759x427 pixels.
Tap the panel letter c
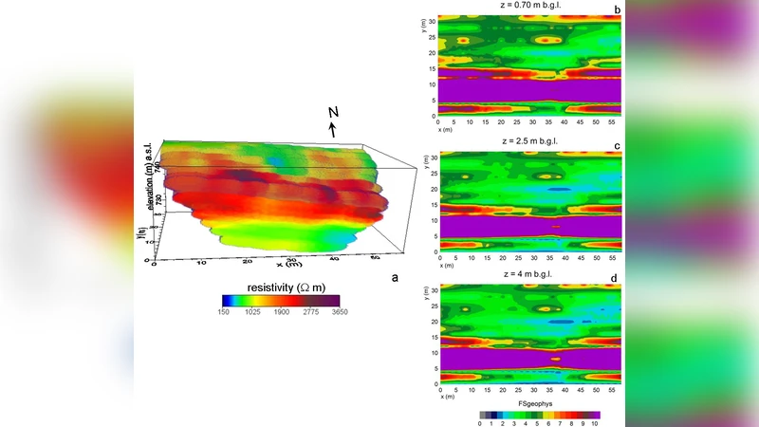tap(617, 145)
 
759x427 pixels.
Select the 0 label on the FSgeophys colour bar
tap(481, 423)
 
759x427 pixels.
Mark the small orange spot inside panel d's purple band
tap(557, 359)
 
